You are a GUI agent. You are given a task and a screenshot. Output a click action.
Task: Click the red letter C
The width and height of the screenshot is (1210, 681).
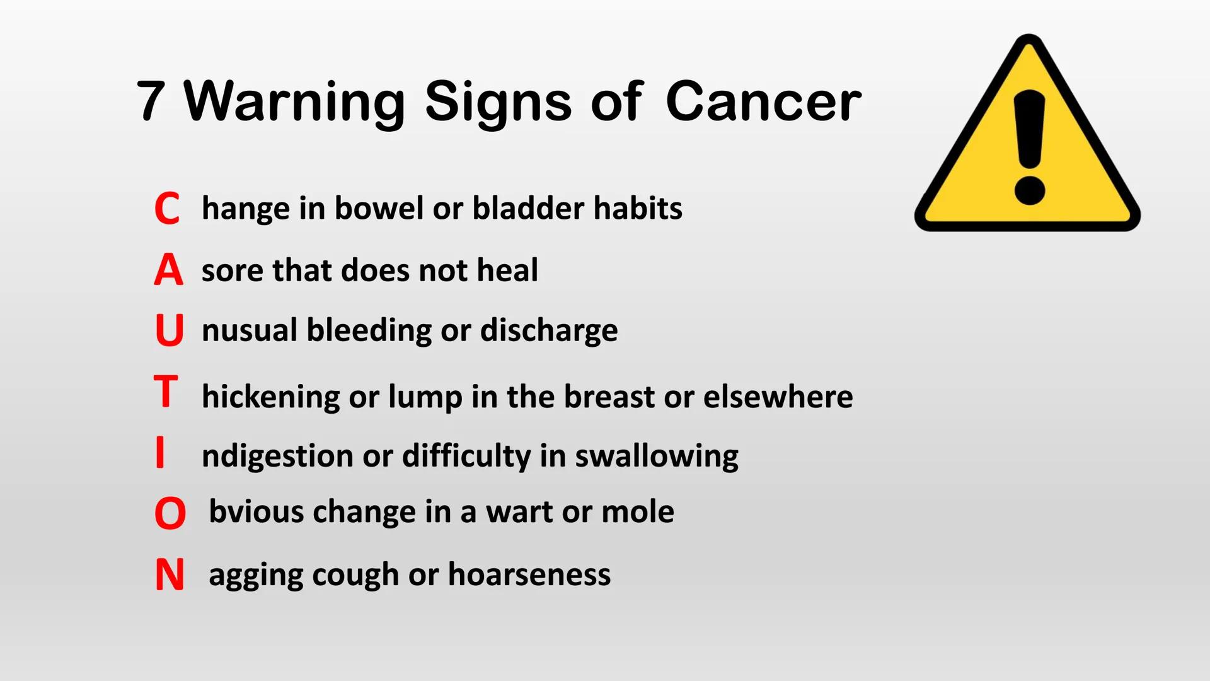[167, 209]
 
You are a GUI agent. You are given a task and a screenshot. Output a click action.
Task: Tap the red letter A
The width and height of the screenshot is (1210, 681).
[168, 270]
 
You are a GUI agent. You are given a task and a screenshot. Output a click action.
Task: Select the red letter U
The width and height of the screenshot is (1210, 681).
[169, 330]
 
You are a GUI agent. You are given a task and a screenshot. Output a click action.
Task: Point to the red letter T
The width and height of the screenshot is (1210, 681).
[166, 392]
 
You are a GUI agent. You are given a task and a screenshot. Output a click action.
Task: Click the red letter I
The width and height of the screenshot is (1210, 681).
[160, 452]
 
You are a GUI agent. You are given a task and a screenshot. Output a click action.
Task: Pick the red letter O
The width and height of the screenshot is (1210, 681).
[170, 513]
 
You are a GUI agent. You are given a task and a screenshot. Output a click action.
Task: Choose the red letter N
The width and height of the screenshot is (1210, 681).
[170, 575]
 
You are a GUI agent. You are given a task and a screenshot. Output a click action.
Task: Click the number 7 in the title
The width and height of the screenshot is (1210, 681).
[151, 101]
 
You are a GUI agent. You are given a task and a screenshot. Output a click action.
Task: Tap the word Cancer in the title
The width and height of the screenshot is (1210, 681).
[763, 101]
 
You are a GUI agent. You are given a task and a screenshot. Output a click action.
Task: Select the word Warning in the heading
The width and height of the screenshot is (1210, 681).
[294, 102]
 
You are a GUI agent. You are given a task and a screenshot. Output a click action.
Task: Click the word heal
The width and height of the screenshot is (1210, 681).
[507, 270]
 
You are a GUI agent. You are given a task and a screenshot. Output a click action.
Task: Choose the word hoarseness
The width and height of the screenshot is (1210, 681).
[529, 574]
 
